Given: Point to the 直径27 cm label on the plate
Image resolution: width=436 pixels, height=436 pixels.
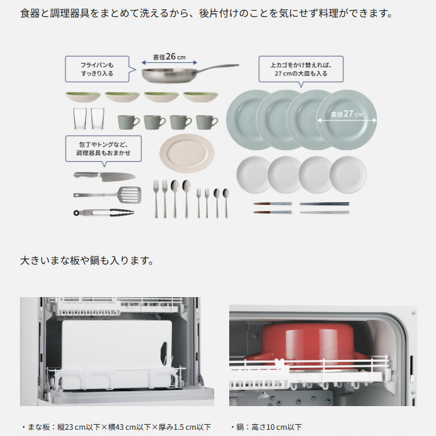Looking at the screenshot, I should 346,115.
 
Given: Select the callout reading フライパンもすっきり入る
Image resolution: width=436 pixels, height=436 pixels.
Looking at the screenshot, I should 97,69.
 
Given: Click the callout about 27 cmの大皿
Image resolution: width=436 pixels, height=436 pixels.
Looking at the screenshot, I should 298,69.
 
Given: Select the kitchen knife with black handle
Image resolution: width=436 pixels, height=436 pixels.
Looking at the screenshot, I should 104,176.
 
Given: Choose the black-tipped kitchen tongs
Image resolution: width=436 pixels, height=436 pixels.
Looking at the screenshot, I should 103,212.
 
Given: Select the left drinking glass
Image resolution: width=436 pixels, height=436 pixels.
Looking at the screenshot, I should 80,119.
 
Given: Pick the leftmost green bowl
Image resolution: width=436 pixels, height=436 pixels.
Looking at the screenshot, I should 83,97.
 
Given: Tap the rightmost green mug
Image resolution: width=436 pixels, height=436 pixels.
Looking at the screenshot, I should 207,121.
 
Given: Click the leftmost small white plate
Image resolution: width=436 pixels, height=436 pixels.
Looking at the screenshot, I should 252,174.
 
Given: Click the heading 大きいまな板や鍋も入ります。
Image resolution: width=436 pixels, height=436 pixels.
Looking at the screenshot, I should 87,260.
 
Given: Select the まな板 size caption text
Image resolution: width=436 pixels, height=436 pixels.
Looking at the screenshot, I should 116,427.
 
